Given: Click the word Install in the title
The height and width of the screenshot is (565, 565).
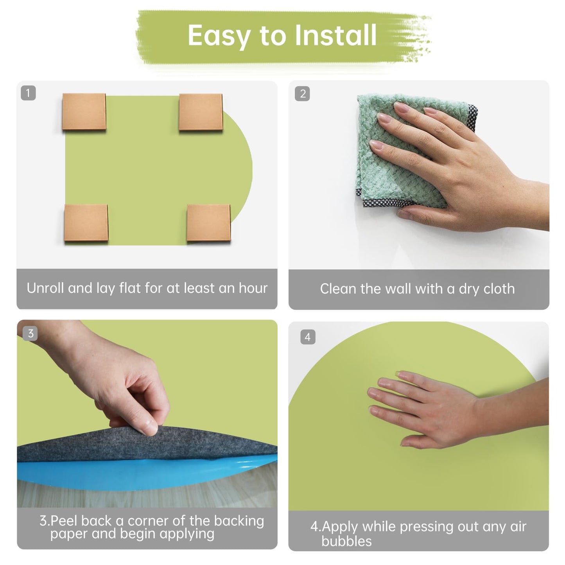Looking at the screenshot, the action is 335,35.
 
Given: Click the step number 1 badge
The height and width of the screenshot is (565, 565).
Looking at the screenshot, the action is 29,93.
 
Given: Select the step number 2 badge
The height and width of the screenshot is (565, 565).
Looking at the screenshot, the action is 302,94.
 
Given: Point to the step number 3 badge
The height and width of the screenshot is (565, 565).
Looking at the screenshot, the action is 30,334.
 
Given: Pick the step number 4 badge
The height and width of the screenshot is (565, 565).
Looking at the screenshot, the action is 308,337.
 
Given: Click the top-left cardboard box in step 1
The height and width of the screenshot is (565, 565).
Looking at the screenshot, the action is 84,111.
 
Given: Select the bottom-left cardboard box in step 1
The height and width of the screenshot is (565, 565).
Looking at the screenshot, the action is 86,223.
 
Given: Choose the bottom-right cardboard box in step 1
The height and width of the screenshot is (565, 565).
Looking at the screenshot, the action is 209,223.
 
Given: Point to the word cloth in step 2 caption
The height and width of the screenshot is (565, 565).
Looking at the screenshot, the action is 499,289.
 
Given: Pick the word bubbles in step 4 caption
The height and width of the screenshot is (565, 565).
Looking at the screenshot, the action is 346,541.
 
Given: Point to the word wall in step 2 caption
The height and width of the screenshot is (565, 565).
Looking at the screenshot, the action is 398,289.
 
